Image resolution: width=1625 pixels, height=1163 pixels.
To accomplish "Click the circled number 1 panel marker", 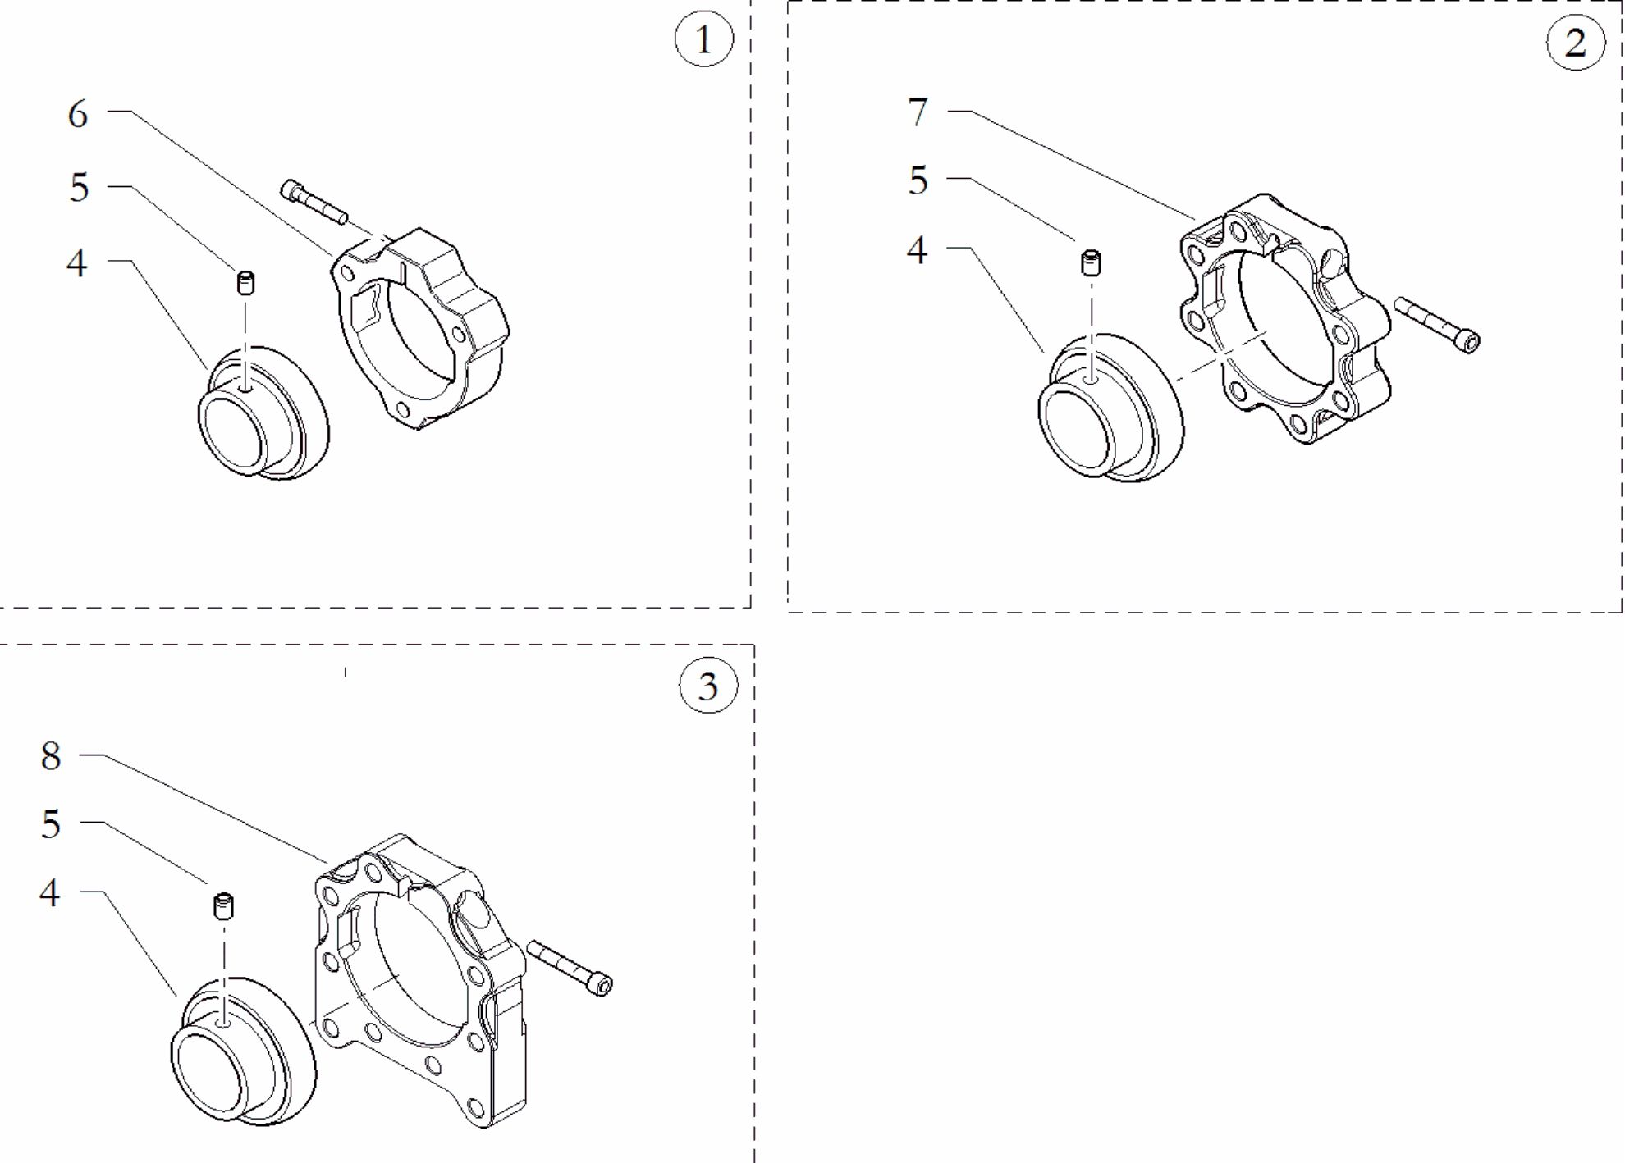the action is [703, 39].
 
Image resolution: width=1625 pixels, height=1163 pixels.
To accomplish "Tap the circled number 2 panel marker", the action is [1576, 43].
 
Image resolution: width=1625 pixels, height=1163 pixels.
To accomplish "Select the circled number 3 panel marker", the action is [708, 685].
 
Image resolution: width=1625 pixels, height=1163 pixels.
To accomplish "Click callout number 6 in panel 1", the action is [78, 114].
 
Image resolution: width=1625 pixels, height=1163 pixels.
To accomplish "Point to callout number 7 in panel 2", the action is [918, 112].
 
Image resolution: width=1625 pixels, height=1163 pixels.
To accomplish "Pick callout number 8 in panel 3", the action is [51, 755].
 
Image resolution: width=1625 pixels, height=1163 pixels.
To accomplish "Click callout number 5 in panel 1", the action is [78, 188].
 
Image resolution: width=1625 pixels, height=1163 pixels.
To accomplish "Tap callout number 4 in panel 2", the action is [917, 249].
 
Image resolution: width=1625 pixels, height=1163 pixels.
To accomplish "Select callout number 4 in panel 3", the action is [50, 892].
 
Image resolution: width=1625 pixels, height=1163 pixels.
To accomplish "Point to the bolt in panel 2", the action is [1437, 325].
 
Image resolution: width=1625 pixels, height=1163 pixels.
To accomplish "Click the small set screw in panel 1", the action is [245, 282].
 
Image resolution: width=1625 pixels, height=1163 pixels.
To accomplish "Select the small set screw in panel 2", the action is [1091, 263].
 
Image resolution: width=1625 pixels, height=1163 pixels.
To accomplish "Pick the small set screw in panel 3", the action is [223, 906].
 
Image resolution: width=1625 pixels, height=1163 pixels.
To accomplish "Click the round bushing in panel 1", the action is [263, 413].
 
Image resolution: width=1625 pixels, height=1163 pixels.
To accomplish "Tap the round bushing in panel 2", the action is [1111, 408].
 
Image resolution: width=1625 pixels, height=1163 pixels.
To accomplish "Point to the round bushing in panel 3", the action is [244, 1051].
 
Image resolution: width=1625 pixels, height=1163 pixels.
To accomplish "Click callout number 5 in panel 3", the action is [51, 823].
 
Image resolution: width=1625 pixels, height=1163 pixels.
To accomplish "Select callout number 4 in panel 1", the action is [77, 263].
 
